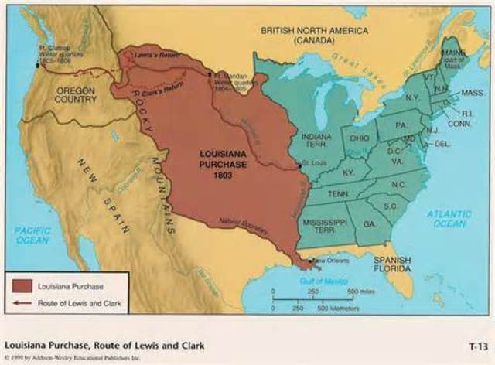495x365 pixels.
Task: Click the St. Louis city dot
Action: coord(300,166)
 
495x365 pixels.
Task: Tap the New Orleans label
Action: coord(327,261)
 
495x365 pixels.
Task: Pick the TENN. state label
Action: coord(338,193)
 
